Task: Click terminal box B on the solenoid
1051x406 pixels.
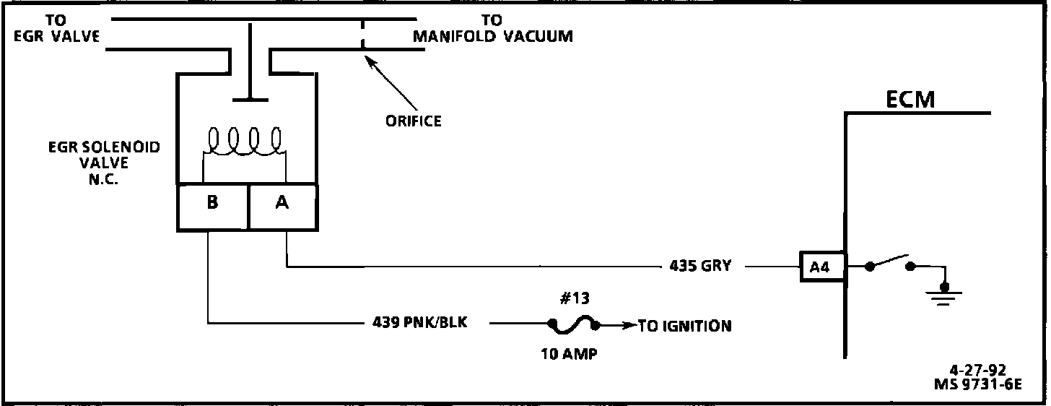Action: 212,204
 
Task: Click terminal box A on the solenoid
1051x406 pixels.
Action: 282,204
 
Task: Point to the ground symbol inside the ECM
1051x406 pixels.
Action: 942,294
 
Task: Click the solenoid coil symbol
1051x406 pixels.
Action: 245,141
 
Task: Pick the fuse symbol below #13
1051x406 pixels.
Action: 574,325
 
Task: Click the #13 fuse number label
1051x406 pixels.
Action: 574,298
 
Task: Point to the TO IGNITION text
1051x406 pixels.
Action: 684,326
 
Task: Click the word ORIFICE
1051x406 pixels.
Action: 413,121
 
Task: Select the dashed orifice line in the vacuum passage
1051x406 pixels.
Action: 363,34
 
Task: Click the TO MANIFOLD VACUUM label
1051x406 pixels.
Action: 492,28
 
